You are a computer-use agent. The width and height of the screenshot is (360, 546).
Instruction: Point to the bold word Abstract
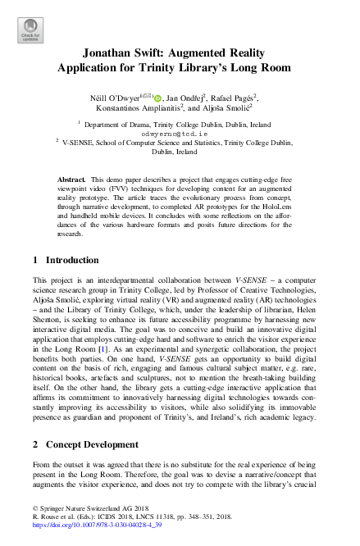[72, 179]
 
